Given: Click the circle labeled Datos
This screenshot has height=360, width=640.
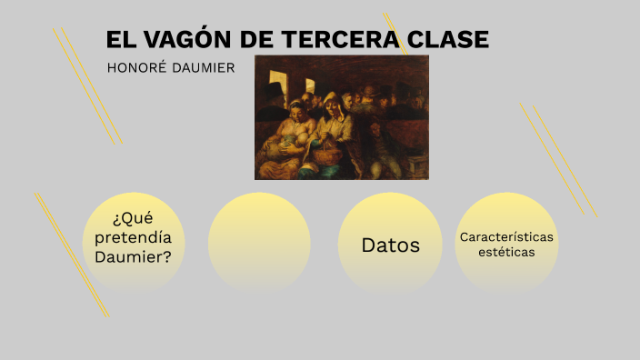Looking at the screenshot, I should coord(390,245).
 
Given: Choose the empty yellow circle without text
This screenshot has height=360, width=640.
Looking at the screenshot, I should coord(259,244).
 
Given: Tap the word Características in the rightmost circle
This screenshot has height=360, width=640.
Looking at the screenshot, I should coord(506,236).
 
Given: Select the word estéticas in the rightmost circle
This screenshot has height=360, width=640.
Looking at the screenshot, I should coord(506,253).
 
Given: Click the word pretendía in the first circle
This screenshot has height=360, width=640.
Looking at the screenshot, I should coord(133,237).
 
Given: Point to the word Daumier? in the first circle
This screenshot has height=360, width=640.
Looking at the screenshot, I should coord(133,257).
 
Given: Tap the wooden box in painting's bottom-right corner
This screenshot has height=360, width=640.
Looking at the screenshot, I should coord(416,167).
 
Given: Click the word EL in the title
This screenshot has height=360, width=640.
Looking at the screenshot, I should coord(119,40).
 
